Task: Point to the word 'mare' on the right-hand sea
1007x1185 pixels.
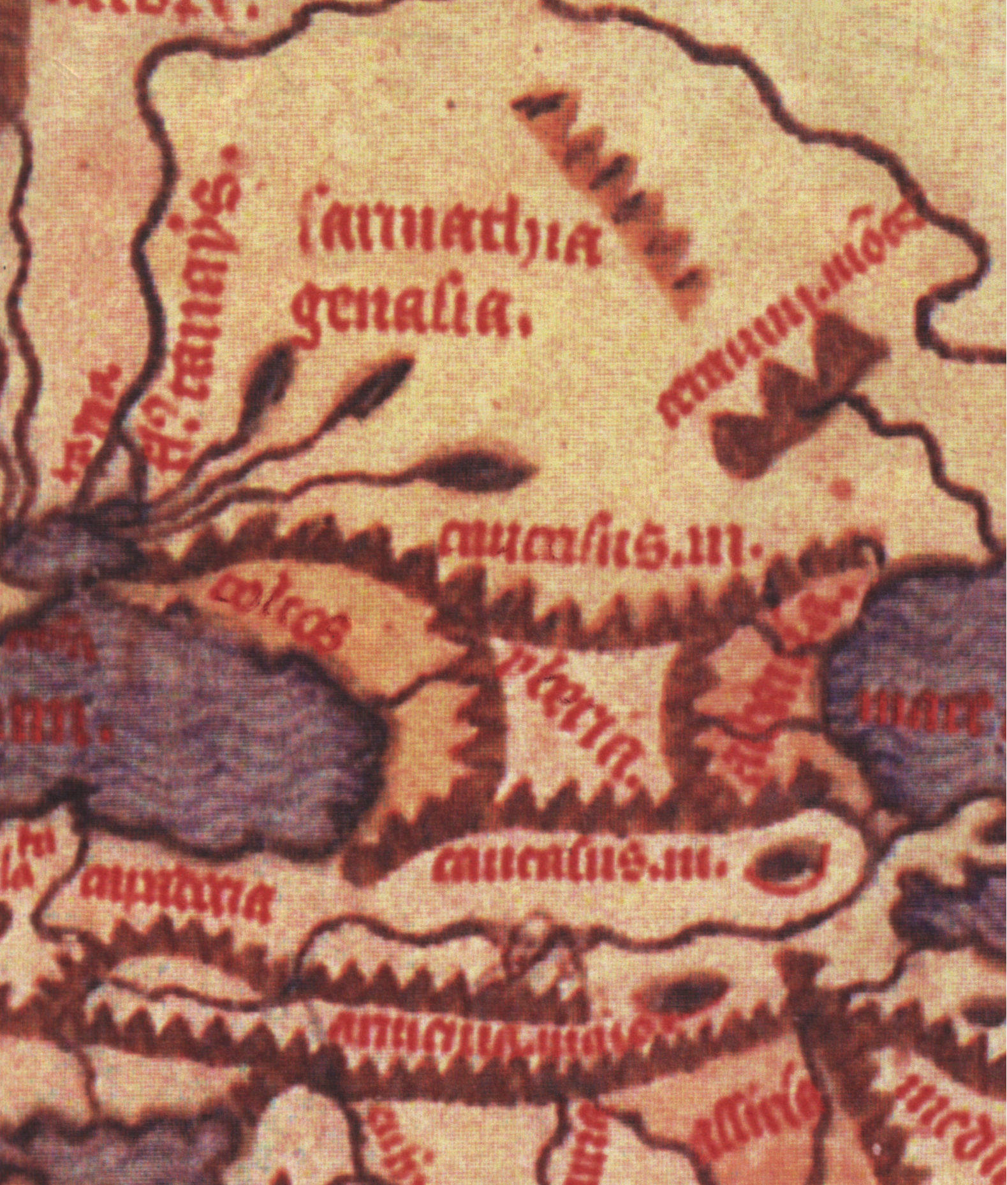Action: click(925, 714)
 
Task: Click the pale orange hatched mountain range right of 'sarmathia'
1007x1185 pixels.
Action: click(612, 191)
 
